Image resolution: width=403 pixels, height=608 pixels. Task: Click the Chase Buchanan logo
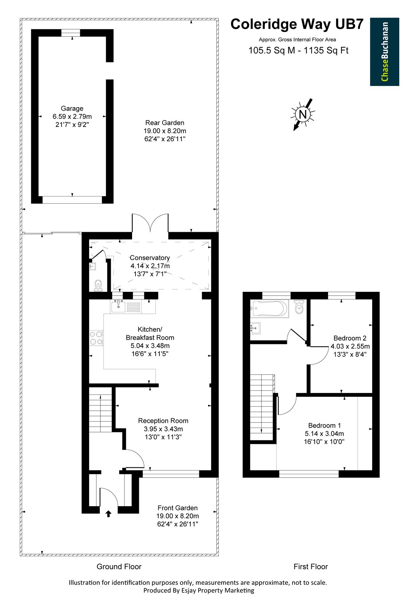point(384,52)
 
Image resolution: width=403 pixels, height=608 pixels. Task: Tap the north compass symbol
point(303,114)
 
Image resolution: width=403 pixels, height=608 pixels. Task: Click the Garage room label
point(72,116)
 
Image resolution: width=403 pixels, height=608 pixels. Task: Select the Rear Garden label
point(165,131)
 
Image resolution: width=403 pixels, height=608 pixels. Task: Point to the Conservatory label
point(150,266)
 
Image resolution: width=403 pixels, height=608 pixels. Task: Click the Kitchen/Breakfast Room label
point(150,342)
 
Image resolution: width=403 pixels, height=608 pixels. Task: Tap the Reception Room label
point(163,429)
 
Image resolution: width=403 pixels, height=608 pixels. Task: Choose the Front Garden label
point(178,516)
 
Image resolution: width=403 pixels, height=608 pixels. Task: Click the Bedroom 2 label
point(350,346)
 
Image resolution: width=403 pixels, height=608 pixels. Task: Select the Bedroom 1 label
point(324,434)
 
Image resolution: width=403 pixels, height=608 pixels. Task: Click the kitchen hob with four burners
point(97,338)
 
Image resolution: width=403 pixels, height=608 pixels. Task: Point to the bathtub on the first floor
point(269,309)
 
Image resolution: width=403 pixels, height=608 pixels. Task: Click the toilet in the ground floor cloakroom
point(98,286)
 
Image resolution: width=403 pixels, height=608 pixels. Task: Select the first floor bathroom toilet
point(299,307)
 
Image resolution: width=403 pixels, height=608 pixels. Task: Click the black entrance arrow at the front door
point(108,513)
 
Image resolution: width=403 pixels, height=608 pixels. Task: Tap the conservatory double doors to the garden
point(150,223)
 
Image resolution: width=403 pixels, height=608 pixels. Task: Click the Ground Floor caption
point(119,567)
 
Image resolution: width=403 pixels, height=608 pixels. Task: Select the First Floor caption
point(311,567)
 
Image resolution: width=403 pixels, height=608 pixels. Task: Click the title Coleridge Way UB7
point(297,24)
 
